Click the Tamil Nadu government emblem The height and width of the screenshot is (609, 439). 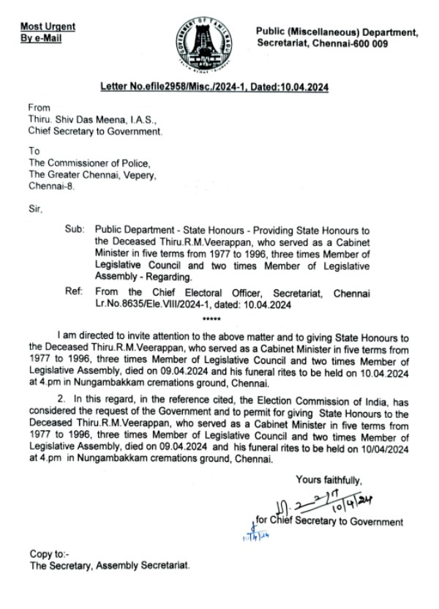(203, 43)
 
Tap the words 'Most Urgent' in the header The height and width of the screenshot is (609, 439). (48, 27)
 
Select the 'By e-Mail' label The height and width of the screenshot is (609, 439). (42, 38)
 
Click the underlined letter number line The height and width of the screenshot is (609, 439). (214, 88)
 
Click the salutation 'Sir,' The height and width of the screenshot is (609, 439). (35, 209)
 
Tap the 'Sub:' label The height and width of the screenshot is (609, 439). (75, 229)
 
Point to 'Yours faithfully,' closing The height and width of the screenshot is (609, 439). (329, 480)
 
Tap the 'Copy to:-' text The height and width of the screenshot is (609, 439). (49, 554)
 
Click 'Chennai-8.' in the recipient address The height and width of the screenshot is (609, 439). (52, 186)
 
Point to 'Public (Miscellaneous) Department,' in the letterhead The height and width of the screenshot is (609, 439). (337, 33)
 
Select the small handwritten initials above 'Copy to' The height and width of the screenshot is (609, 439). (249, 536)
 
